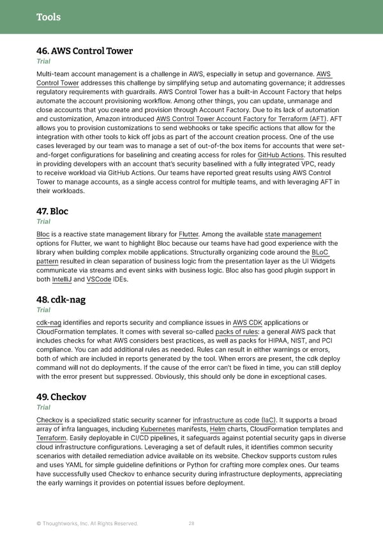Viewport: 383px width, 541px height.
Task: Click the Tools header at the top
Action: point(48,17)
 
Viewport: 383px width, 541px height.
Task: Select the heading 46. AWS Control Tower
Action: point(84,51)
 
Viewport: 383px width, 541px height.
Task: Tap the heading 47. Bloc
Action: point(52,211)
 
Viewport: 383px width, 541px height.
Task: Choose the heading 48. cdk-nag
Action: point(61,299)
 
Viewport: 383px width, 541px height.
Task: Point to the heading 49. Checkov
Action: point(61,397)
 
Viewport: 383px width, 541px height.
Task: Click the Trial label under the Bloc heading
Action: point(44,222)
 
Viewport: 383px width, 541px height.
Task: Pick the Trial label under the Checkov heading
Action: point(44,408)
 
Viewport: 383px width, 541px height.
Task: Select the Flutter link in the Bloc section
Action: point(189,234)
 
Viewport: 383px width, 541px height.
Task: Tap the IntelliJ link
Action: point(62,279)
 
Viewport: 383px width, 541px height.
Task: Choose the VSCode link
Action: point(99,279)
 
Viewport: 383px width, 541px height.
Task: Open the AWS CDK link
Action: point(248,322)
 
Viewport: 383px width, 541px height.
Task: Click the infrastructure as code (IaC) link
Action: point(235,420)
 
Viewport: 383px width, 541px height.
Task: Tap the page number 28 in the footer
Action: point(191,524)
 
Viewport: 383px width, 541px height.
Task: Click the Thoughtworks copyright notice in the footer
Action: point(87,524)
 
